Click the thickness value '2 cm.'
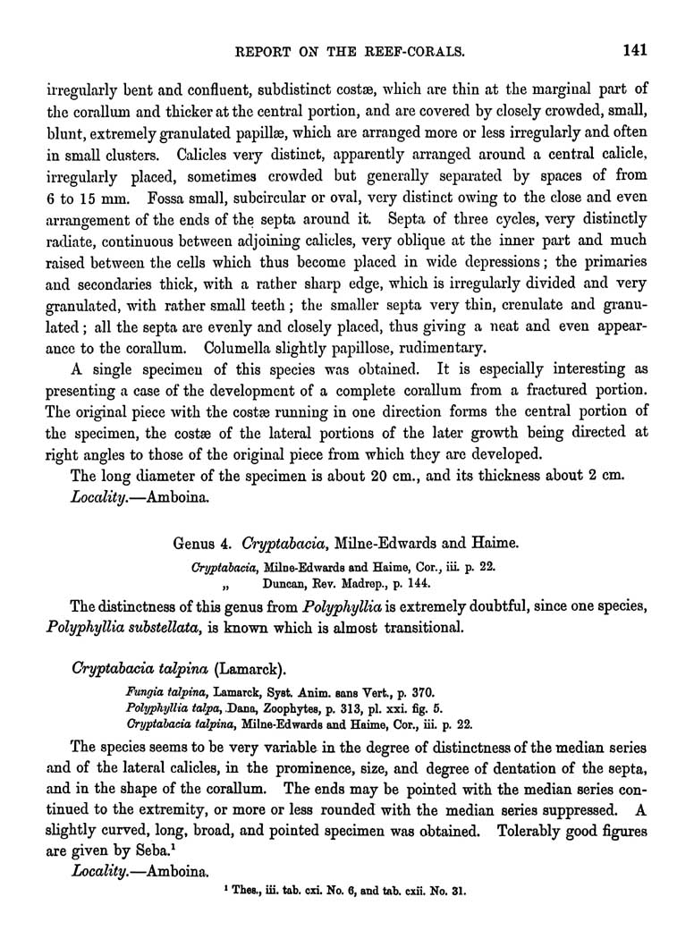[622, 475]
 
